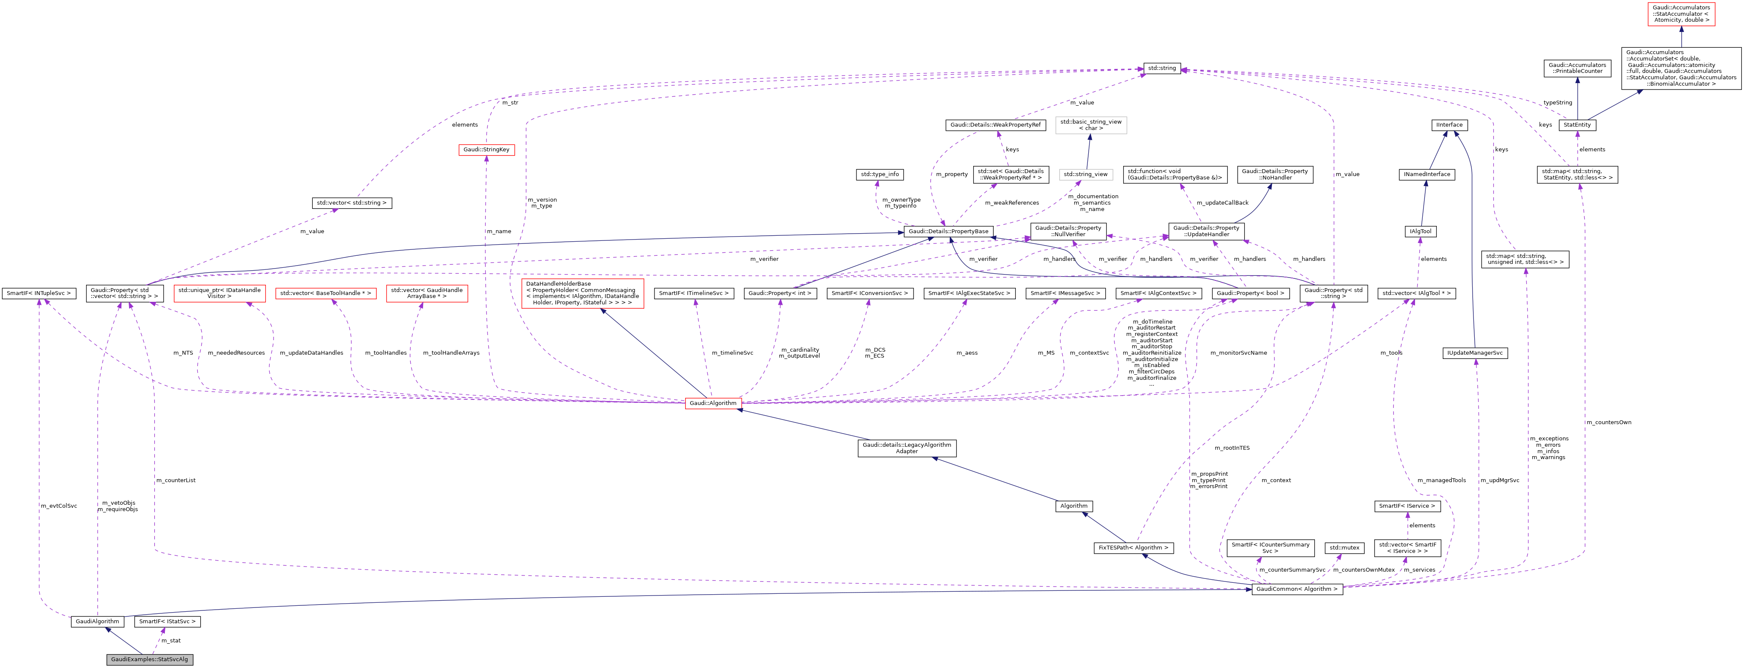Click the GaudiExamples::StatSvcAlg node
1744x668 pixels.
pos(150,659)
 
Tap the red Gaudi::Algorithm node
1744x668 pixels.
pos(713,403)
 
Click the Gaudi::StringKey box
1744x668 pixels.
pos(486,150)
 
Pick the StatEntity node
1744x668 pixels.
pos(1577,124)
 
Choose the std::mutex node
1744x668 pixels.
pos(1344,547)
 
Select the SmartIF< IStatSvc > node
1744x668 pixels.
pos(167,621)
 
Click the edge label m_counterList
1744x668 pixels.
pos(176,480)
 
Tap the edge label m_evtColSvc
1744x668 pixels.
pos(59,506)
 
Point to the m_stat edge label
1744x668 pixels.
pos(170,640)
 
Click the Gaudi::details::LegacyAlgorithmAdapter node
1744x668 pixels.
pos(907,448)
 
